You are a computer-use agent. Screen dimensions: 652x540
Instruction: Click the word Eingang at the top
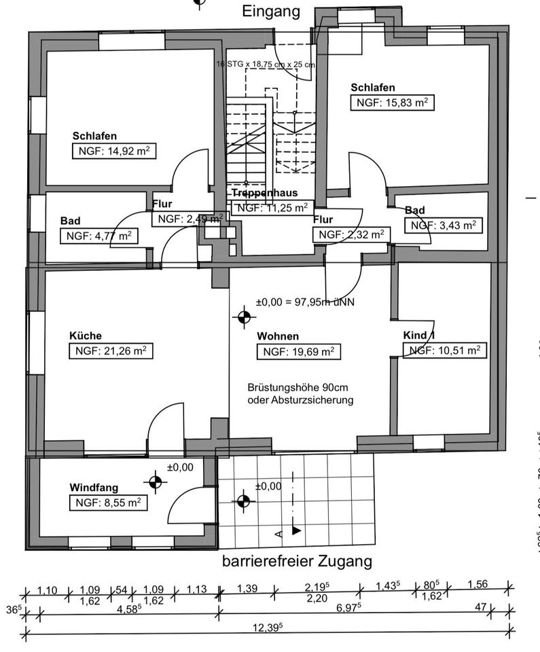pyautogui.click(x=271, y=11)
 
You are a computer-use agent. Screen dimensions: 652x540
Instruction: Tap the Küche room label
pyautogui.click(x=86, y=336)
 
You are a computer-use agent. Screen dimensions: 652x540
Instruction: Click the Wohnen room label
pyautogui.click(x=278, y=336)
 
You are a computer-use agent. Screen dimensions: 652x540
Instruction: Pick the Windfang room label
pyautogui.click(x=94, y=487)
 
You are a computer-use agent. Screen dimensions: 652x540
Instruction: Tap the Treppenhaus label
pyautogui.click(x=265, y=193)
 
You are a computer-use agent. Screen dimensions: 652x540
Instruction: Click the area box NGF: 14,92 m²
pyautogui.click(x=114, y=151)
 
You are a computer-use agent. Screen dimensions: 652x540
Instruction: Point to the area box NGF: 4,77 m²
pyautogui.click(x=98, y=236)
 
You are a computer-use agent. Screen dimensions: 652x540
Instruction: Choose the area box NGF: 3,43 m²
pyautogui.click(x=443, y=225)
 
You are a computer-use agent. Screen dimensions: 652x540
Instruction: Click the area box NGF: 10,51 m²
pyautogui.click(x=445, y=350)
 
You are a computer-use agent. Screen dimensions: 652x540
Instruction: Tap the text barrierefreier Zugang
pyautogui.click(x=298, y=562)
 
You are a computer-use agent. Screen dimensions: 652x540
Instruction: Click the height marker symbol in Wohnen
pyautogui.click(x=243, y=316)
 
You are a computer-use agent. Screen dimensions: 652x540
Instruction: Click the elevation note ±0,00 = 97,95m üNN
pyautogui.click(x=306, y=302)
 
